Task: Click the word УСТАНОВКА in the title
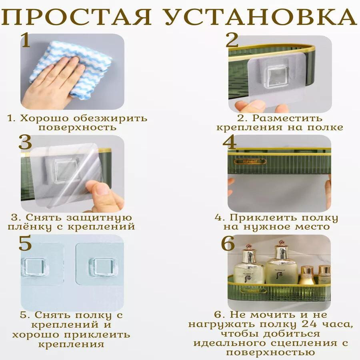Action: pyautogui.click(x=260, y=17)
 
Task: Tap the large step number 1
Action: pyautogui.click(x=26, y=40)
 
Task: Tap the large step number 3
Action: pyautogui.click(x=25, y=142)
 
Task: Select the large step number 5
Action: pyautogui.click(x=25, y=243)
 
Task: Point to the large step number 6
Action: pyautogui.click(x=228, y=243)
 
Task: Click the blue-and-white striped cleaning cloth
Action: pyautogui.click(x=74, y=66)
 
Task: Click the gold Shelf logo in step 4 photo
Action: pyautogui.click(x=250, y=162)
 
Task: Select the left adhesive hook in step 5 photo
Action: pyautogui.click(x=34, y=267)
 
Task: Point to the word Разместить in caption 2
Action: pyautogui.click(x=287, y=118)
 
